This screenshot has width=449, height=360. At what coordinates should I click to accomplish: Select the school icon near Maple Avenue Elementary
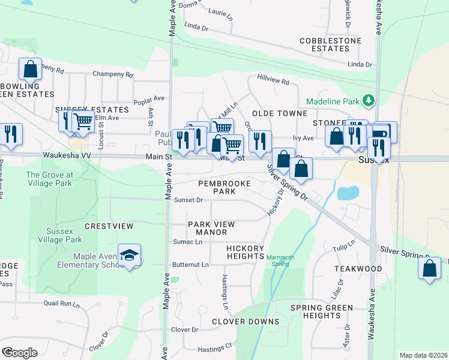128,256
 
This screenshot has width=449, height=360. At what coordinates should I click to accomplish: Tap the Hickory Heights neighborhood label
245,252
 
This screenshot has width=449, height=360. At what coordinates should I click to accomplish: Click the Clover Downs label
246,322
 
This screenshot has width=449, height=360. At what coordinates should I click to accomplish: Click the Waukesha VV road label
67,155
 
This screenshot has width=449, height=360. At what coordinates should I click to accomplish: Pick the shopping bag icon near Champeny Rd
30,70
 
